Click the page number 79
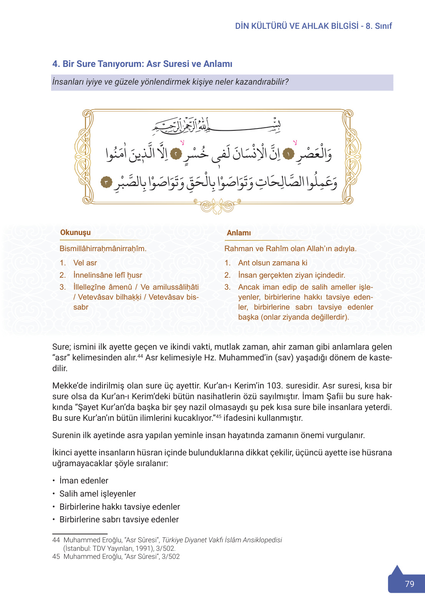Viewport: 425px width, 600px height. tap(409, 584)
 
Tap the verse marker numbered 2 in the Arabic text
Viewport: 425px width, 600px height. tap(176, 154)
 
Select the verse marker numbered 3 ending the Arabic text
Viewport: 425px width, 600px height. tap(106, 182)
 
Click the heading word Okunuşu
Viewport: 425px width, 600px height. tap(75, 232)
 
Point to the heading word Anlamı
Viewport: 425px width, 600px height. tap(239, 233)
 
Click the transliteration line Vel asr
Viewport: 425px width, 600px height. tap(85, 263)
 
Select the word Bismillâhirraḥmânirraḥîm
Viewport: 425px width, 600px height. tap(103, 248)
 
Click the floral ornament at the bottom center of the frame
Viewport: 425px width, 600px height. tap(217, 206)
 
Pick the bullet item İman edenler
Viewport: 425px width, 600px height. tap(84, 480)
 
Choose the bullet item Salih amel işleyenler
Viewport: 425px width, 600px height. tap(98, 493)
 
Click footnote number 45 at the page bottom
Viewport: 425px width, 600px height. tap(56, 557)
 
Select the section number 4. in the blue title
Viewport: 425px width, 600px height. tap(56, 64)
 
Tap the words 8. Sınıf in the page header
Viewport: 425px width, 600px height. tap(379, 26)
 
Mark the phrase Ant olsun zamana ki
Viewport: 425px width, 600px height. tap(272, 263)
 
